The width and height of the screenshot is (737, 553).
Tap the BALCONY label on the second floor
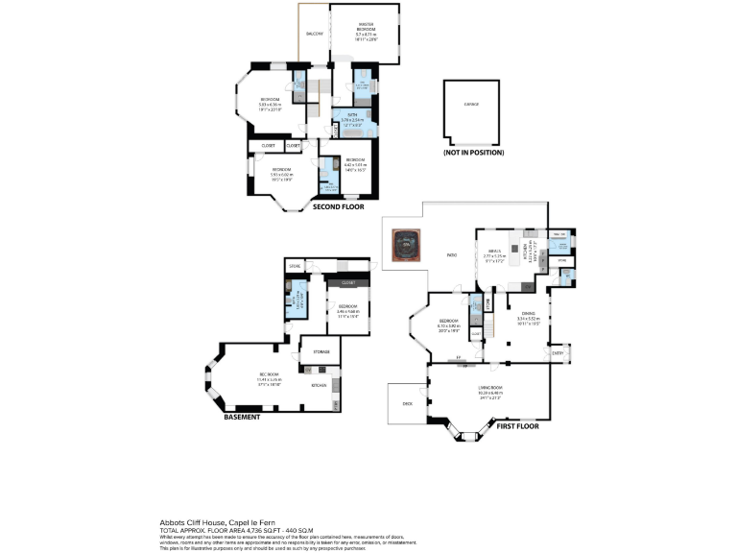[x=314, y=34]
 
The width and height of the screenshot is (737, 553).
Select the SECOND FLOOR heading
[x=338, y=205]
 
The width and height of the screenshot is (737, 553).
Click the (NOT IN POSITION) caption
[x=472, y=153]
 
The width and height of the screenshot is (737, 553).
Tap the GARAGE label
[x=471, y=104]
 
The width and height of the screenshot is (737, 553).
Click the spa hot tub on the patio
[x=405, y=245]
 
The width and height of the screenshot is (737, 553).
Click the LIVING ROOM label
[x=490, y=388]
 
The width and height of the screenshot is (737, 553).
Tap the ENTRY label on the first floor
[x=558, y=353]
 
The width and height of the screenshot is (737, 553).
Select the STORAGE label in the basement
[x=321, y=352]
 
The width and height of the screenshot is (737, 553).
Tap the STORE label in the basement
[x=294, y=265]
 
